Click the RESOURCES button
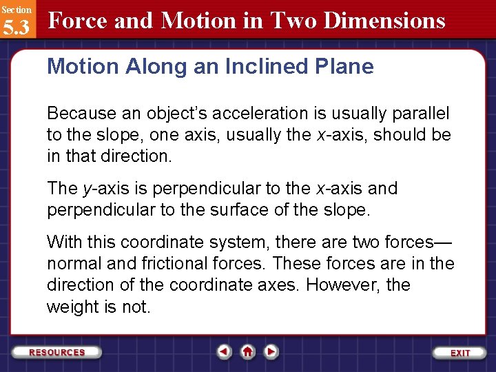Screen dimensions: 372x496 click(x=57, y=352)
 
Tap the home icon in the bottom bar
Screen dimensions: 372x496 click(x=247, y=352)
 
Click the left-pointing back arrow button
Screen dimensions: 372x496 click(x=224, y=352)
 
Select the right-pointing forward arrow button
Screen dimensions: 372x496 click(x=271, y=352)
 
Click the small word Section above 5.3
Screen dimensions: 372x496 click(x=16, y=10)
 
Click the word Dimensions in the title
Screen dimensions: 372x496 click(x=384, y=21)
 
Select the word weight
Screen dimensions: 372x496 click(x=74, y=307)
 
